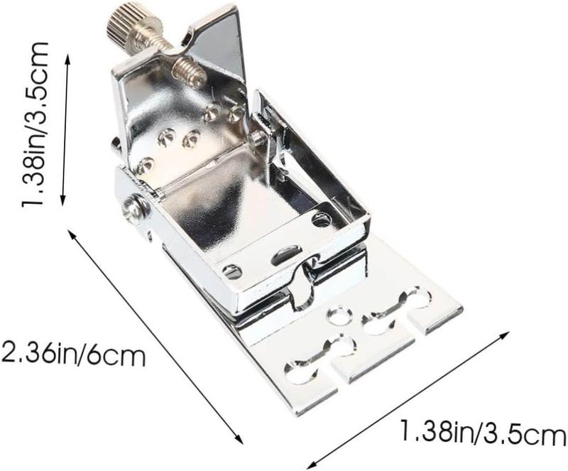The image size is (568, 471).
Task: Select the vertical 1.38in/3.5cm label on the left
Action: pyautogui.click(x=34, y=124)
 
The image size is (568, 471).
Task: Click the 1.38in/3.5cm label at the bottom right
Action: pyautogui.click(x=484, y=432)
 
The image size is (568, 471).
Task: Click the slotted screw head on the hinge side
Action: pyautogui.click(x=136, y=207)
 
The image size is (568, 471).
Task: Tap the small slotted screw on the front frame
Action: pyautogui.click(x=232, y=271)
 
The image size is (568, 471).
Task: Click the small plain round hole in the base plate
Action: pyautogui.click(x=339, y=315)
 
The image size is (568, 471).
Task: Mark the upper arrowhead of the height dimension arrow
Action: pyautogui.click(x=67, y=57)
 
